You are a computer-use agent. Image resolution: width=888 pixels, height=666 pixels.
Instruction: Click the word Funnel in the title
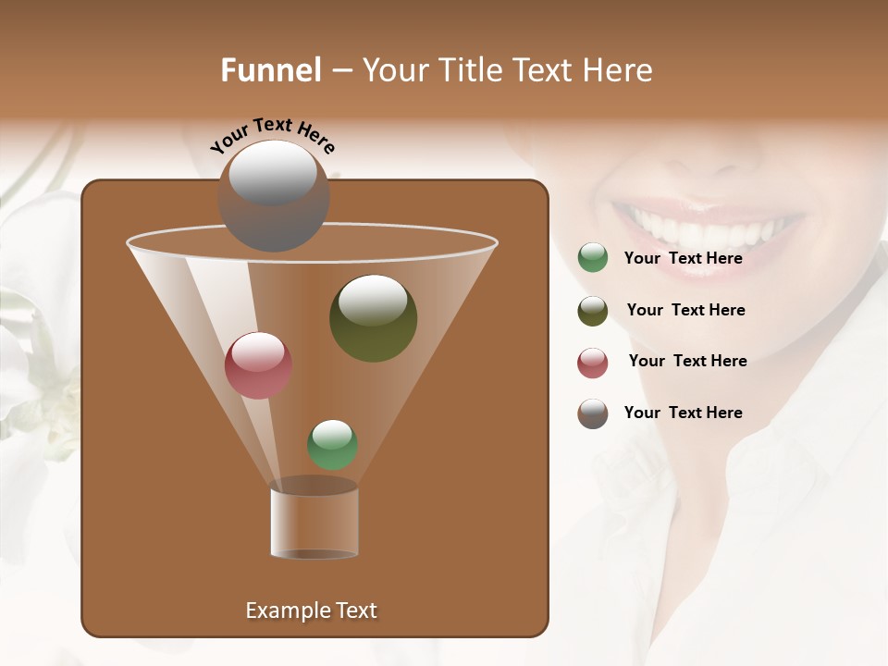pyautogui.click(x=270, y=70)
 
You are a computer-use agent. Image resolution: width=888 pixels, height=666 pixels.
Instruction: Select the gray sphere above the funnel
pyautogui.click(x=273, y=196)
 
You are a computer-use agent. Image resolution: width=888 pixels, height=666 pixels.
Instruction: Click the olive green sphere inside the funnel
pyautogui.click(x=373, y=318)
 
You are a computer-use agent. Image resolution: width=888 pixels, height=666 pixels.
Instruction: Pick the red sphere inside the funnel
pyautogui.click(x=258, y=365)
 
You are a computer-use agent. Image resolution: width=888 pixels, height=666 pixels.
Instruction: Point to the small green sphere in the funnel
pyautogui.click(x=332, y=445)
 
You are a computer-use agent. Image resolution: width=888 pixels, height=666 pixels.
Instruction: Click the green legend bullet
pyautogui.click(x=593, y=258)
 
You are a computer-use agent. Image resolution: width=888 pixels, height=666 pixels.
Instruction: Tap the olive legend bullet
pyautogui.click(x=593, y=311)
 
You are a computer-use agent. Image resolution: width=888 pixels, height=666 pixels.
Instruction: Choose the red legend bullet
pyautogui.click(x=593, y=363)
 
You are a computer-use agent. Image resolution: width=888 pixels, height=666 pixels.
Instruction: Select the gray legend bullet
pyautogui.click(x=593, y=413)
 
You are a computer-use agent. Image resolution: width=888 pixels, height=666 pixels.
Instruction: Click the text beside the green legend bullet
pyautogui.click(x=683, y=258)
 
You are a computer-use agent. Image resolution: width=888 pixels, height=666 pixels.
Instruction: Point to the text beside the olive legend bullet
pyautogui.click(x=685, y=310)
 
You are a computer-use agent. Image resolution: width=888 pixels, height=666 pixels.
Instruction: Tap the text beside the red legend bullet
pyautogui.click(x=687, y=361)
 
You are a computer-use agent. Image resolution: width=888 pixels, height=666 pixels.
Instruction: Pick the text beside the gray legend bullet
pyautogui.click(x=683, y=413)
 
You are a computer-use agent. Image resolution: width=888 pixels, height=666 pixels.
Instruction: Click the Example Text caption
pyautogui.click(x=311, y=610)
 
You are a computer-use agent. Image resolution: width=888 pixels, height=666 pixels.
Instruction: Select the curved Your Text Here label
pyautogui.click(x=272, y=135)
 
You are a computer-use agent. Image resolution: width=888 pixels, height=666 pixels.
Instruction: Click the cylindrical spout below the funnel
pyautogui.click(x=314, y=520)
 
